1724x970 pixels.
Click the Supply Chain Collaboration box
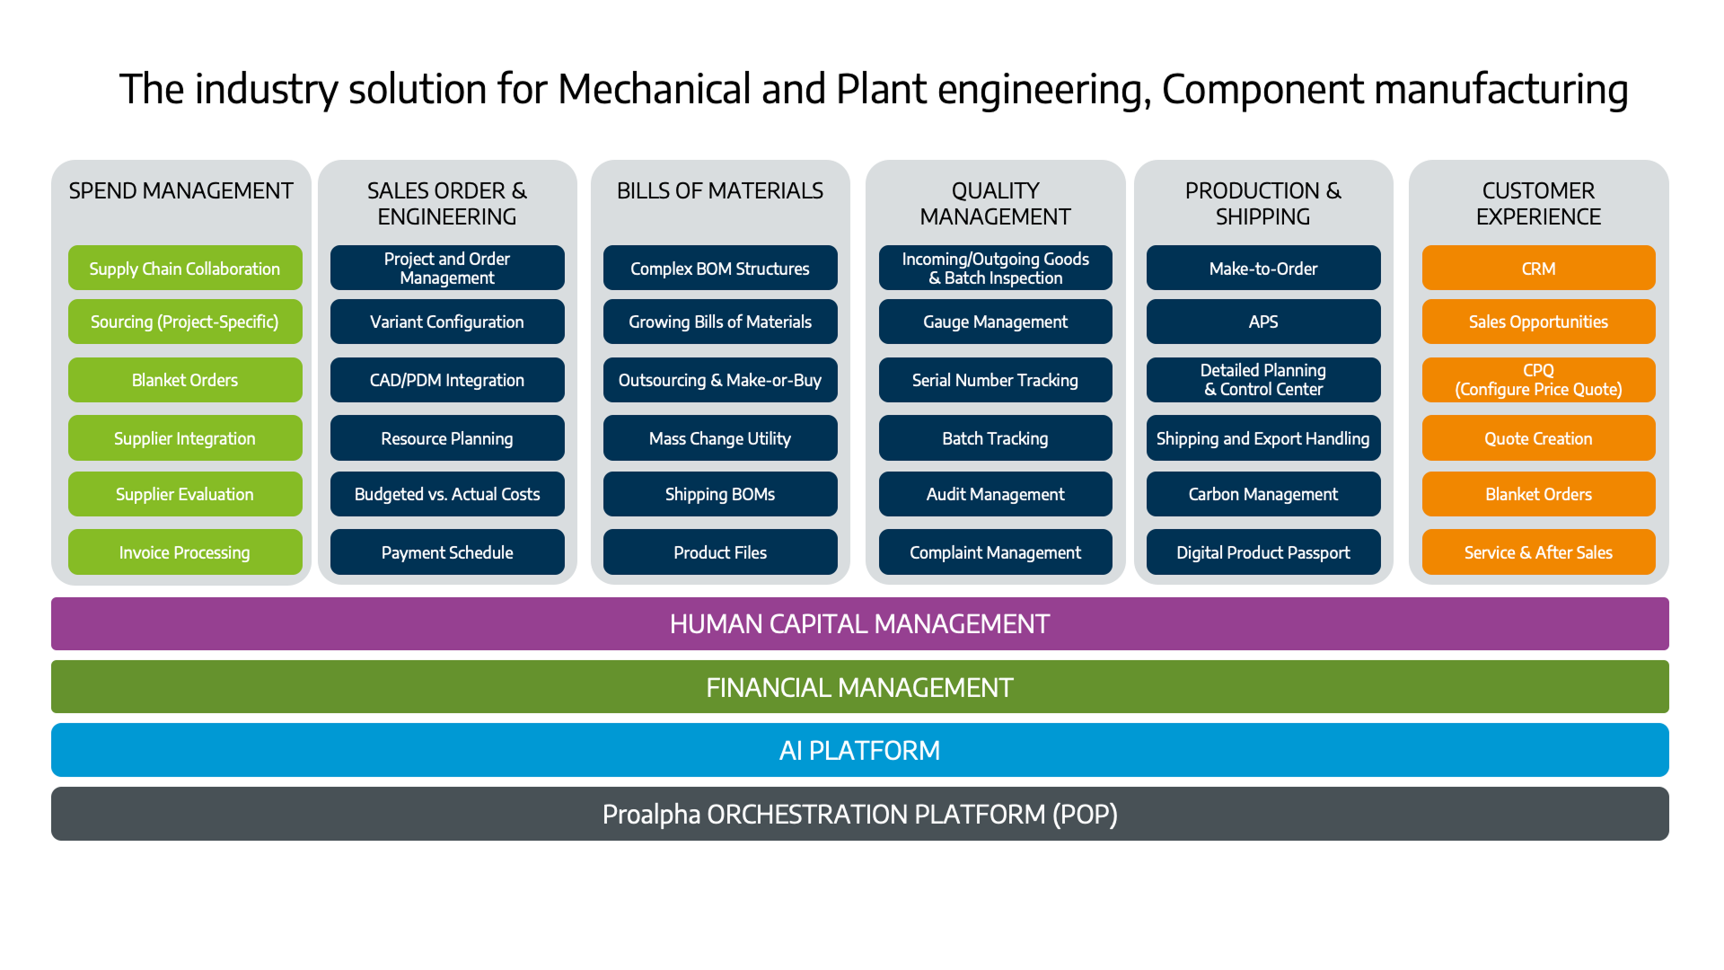(x=185, y=268)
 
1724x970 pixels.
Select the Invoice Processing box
(x=185, y=551)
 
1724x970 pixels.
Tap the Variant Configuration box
(x=447, y=322)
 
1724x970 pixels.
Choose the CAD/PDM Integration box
(x=447, y=380)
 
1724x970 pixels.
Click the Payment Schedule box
(x=447, y=551)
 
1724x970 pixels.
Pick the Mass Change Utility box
(x=720, y=438)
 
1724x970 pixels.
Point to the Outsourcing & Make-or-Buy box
(x=720, y=380)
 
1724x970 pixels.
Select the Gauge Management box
(x=995, y=322)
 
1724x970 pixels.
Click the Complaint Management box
(x=995, y=551)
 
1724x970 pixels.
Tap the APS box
(x=1263, y=322)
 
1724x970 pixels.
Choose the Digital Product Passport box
(x=1263, y=551)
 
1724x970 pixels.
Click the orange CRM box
(x=1538, y=268)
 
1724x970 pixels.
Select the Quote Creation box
(x=1538, y=438)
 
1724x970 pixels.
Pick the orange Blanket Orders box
(x=1538, y=494)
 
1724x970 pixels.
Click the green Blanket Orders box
(x=185, y=380)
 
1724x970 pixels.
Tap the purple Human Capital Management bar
(x=859, y=623)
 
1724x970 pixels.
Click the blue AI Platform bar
(x=859, y=750)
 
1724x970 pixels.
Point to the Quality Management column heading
(x=995, y=204)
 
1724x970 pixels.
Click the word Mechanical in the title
(x=655, y=89)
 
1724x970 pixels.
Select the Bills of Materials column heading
(x=720, y=191)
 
